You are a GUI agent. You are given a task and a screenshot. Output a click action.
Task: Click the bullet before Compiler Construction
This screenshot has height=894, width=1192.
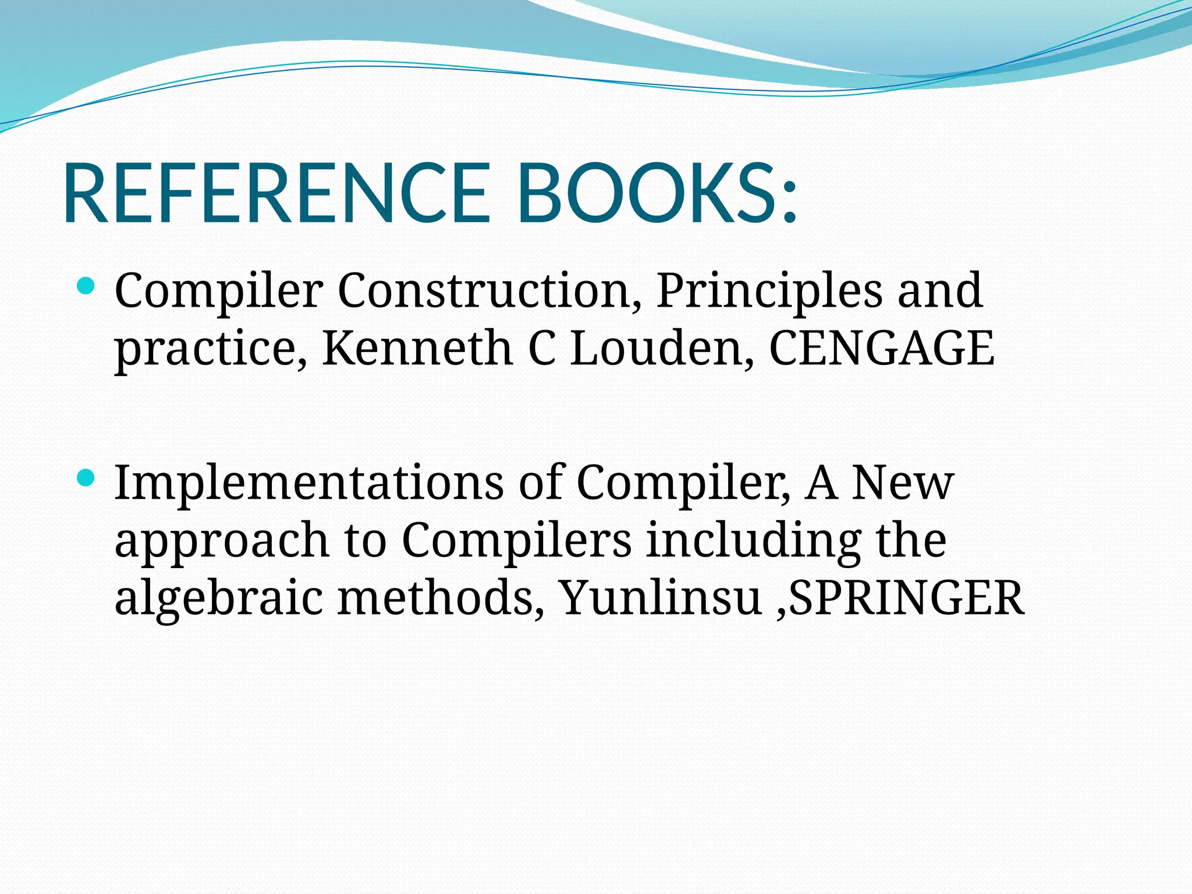click(x=86, y=285)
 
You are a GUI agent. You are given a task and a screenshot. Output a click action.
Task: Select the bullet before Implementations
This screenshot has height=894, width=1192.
click(x=86, y=478)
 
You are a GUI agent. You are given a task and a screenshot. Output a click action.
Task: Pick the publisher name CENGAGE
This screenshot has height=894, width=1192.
click(x=882, y=348)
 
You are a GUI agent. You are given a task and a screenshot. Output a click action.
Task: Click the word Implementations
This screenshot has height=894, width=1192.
click(x=309, y=483)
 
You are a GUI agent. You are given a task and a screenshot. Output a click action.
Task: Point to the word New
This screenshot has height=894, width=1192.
click(x=903, y=483)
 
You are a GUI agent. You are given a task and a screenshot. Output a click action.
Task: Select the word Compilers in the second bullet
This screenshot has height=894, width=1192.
click(x=516, y=540)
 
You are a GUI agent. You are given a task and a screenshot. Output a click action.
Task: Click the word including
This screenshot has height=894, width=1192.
click(x=754, y=540)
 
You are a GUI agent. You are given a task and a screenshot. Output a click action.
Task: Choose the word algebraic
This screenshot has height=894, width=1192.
click(x=218, y=598)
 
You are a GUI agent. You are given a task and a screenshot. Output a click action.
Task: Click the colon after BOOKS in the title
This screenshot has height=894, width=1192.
click(x=789, y=201)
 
